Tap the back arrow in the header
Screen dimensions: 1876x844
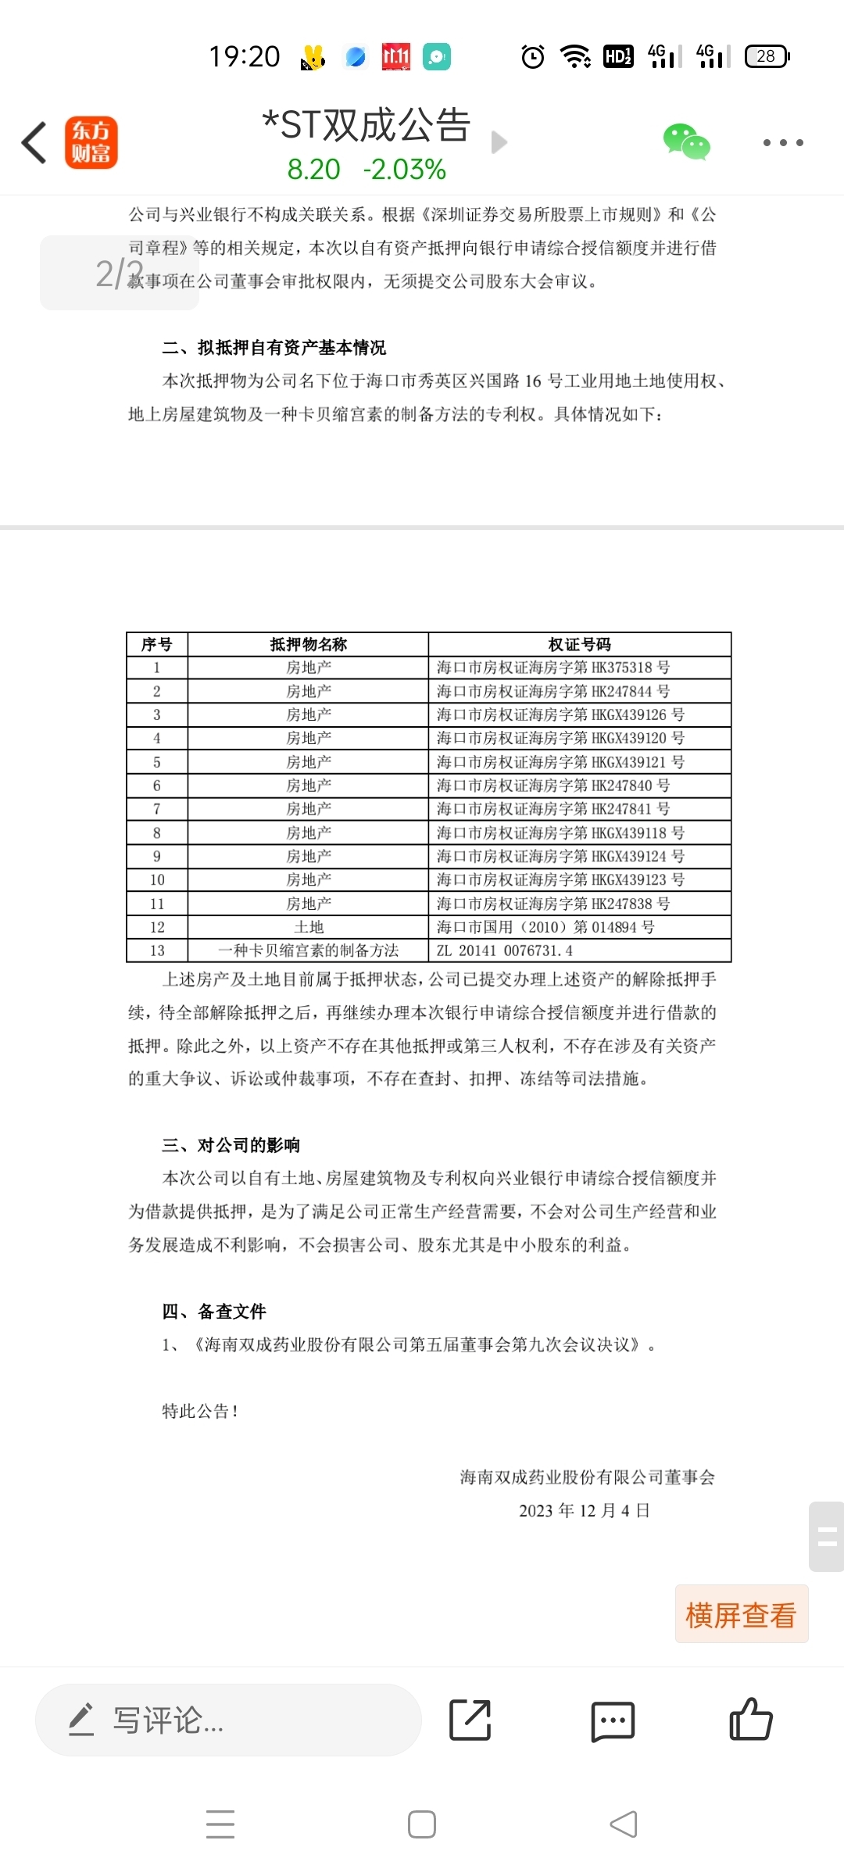[x=34, y=142]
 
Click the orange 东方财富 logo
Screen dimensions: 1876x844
[x=91, y=142]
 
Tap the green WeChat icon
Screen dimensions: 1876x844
[x=686, y=142]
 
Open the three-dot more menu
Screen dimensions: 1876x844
[x=782, y=142]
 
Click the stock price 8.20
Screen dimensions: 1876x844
[x=313, y=170]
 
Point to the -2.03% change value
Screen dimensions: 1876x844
[x=404, y=170]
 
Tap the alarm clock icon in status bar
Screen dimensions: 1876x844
[x=533, y=56]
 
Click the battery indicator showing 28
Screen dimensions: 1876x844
[x=767, y=56]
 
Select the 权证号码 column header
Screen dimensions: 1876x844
[x=579, y=644]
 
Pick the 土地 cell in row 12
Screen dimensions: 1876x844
[x=309, y=927]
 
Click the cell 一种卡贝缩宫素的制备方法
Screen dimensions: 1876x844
[x=309, y=951]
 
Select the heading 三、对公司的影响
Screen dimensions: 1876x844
[x=231, y=1145]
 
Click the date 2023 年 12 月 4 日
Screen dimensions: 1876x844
[x=585, y=1510]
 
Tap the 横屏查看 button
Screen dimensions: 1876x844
[x=741, y=1614]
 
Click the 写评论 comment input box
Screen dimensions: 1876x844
[x=228, y=1720]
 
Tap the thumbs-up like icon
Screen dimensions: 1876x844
[x=750, y=1720]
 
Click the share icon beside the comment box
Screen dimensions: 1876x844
[x=470, y=1720]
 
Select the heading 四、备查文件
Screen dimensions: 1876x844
[x=214, y=1311]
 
